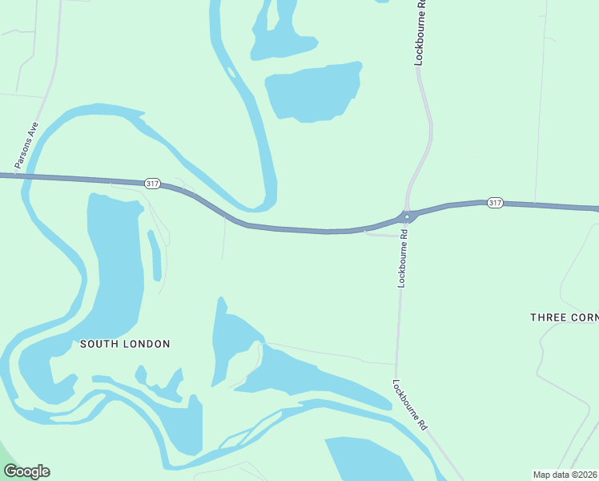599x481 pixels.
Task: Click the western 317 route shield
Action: [x=152, y=184]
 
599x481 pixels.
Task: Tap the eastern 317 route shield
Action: [x=495, y=203]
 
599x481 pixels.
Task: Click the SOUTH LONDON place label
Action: [x=125, y=344]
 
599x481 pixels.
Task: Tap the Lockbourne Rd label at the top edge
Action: [x=420, y=32]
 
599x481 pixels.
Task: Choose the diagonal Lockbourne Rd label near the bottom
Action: [x=410, y=406]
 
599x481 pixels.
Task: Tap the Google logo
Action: [x=26, y=471]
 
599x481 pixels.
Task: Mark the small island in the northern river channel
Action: [x=231, y=73]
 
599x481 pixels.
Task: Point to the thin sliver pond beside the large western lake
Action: [x=155, y=255]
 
